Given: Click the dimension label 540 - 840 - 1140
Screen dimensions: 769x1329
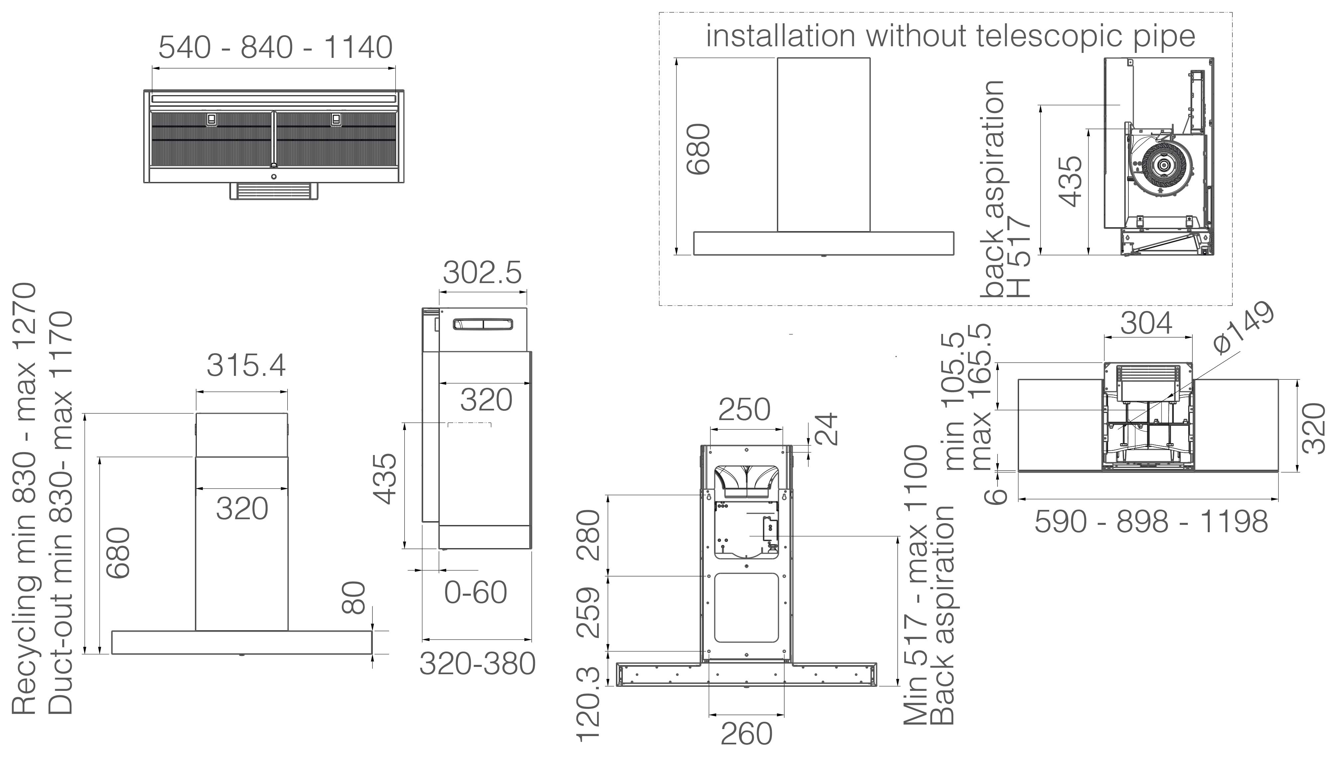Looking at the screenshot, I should tap(275, 48).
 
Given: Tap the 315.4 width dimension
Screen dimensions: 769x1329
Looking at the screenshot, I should tap(246, 365).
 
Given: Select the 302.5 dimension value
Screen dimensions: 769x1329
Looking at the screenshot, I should tap(482, 273).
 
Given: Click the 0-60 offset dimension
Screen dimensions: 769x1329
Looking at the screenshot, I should tap(475, 592).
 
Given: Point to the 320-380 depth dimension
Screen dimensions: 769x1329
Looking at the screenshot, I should tap(477, 664).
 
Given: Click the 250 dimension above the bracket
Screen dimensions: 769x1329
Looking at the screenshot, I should tap(744, 409).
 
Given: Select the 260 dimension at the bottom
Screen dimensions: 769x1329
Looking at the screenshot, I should tap(746, 734).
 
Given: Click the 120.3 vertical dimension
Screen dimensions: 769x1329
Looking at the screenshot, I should tap(588, 704).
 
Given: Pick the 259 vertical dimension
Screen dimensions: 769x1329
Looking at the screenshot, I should tap(588, 612).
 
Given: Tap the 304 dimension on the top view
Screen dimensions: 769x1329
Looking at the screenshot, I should tap(1147, 323).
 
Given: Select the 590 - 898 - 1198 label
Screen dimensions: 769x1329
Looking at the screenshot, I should tap(1151, 522).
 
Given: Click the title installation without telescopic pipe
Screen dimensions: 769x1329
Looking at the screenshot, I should tap(950, 36).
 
